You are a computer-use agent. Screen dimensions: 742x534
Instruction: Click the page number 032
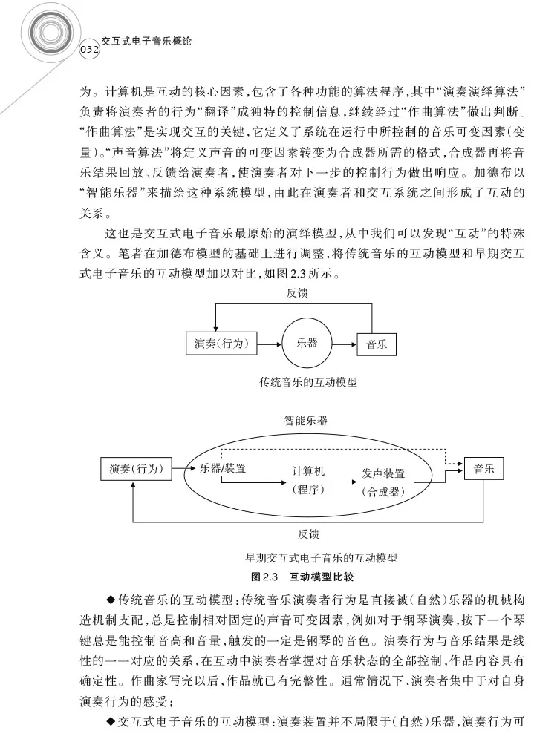[x=88, y=49]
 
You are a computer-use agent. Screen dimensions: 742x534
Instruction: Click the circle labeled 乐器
[x=307, y=344]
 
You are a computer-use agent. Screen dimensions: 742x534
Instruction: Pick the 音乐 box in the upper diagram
[x=377, y=344]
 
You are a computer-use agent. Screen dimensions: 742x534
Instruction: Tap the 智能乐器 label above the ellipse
[x=305, y=420]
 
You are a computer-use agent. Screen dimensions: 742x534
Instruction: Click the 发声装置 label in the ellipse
[x=383, y=473]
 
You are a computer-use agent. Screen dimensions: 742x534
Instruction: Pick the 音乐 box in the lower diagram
[x=483, y=468]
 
